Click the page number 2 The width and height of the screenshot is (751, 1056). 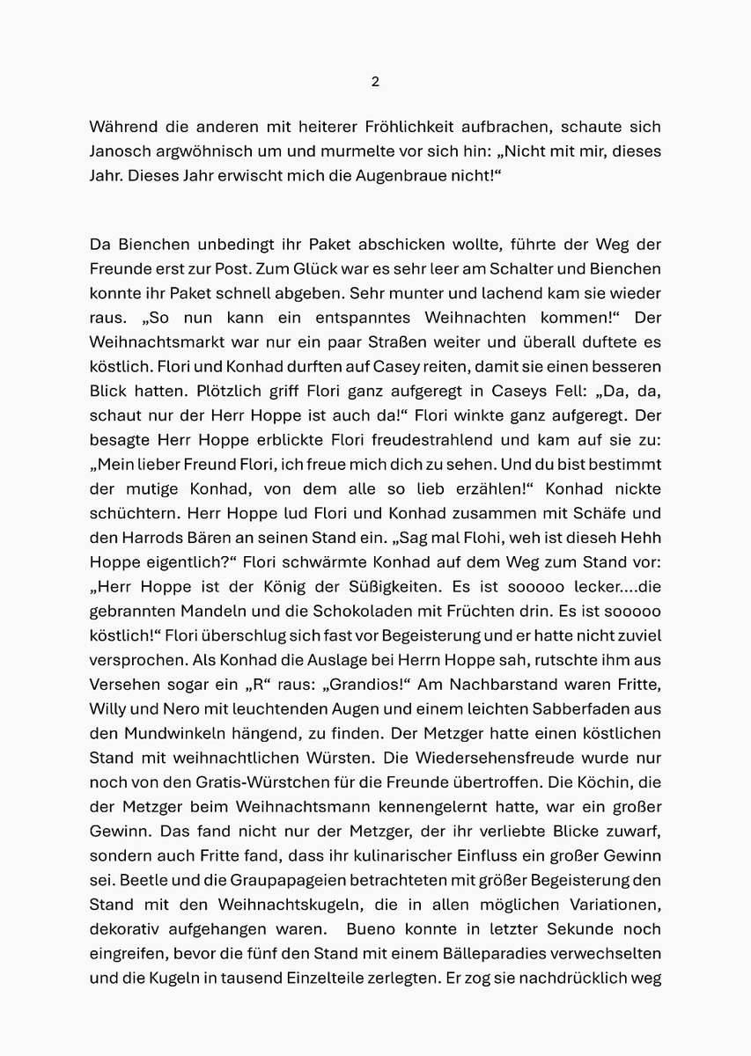375,82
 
